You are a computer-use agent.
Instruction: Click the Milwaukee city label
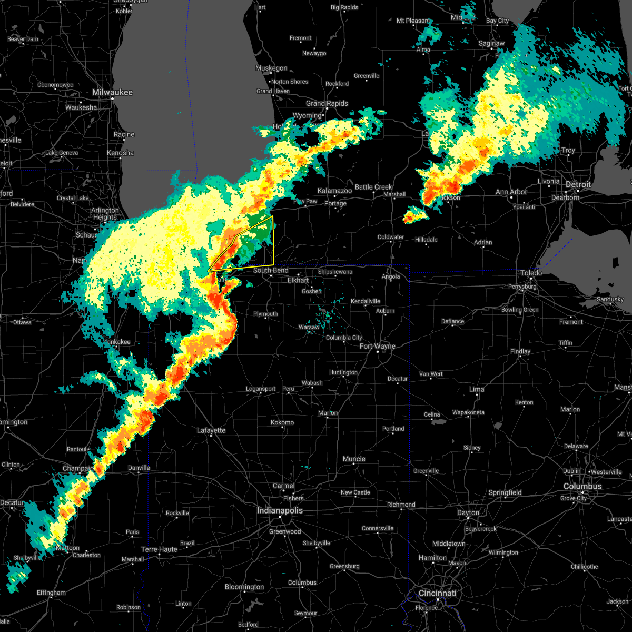113,92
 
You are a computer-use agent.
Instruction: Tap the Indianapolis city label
280,510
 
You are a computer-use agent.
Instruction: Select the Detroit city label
578,185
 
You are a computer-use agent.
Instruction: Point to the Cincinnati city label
438,593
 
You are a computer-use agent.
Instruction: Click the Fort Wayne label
378,346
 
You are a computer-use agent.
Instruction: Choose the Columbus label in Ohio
582,486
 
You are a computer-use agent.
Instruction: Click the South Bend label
271,270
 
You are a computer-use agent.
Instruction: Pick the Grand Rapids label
327,103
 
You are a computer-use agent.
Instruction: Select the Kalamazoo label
334,191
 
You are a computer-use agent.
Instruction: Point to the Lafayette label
211,430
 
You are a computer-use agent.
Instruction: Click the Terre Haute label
160,549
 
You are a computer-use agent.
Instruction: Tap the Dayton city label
468,512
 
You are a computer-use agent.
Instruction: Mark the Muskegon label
271,68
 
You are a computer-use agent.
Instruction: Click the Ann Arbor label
511,192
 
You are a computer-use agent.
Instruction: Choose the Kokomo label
282,422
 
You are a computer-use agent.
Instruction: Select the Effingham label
52,592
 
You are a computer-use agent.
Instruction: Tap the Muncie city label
354,459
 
